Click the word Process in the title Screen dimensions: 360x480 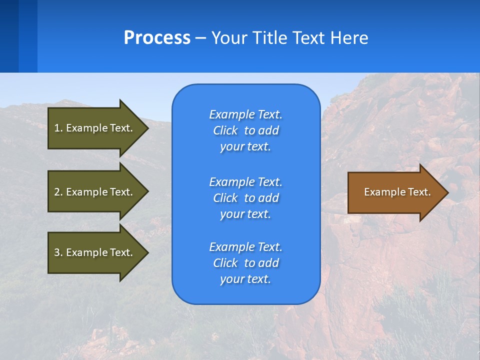coord(157,38)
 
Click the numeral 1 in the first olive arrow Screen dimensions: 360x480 coord(57,128)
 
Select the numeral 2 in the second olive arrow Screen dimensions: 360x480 coord(57,192)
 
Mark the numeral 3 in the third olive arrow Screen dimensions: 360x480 coord(57,252)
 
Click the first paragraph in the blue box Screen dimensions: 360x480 coord(245,130)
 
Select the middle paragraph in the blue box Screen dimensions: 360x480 coord(245,198)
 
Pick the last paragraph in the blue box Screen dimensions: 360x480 coord(245,263)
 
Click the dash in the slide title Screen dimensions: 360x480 coord(200,38)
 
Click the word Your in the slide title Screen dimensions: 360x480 coord(229,38)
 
